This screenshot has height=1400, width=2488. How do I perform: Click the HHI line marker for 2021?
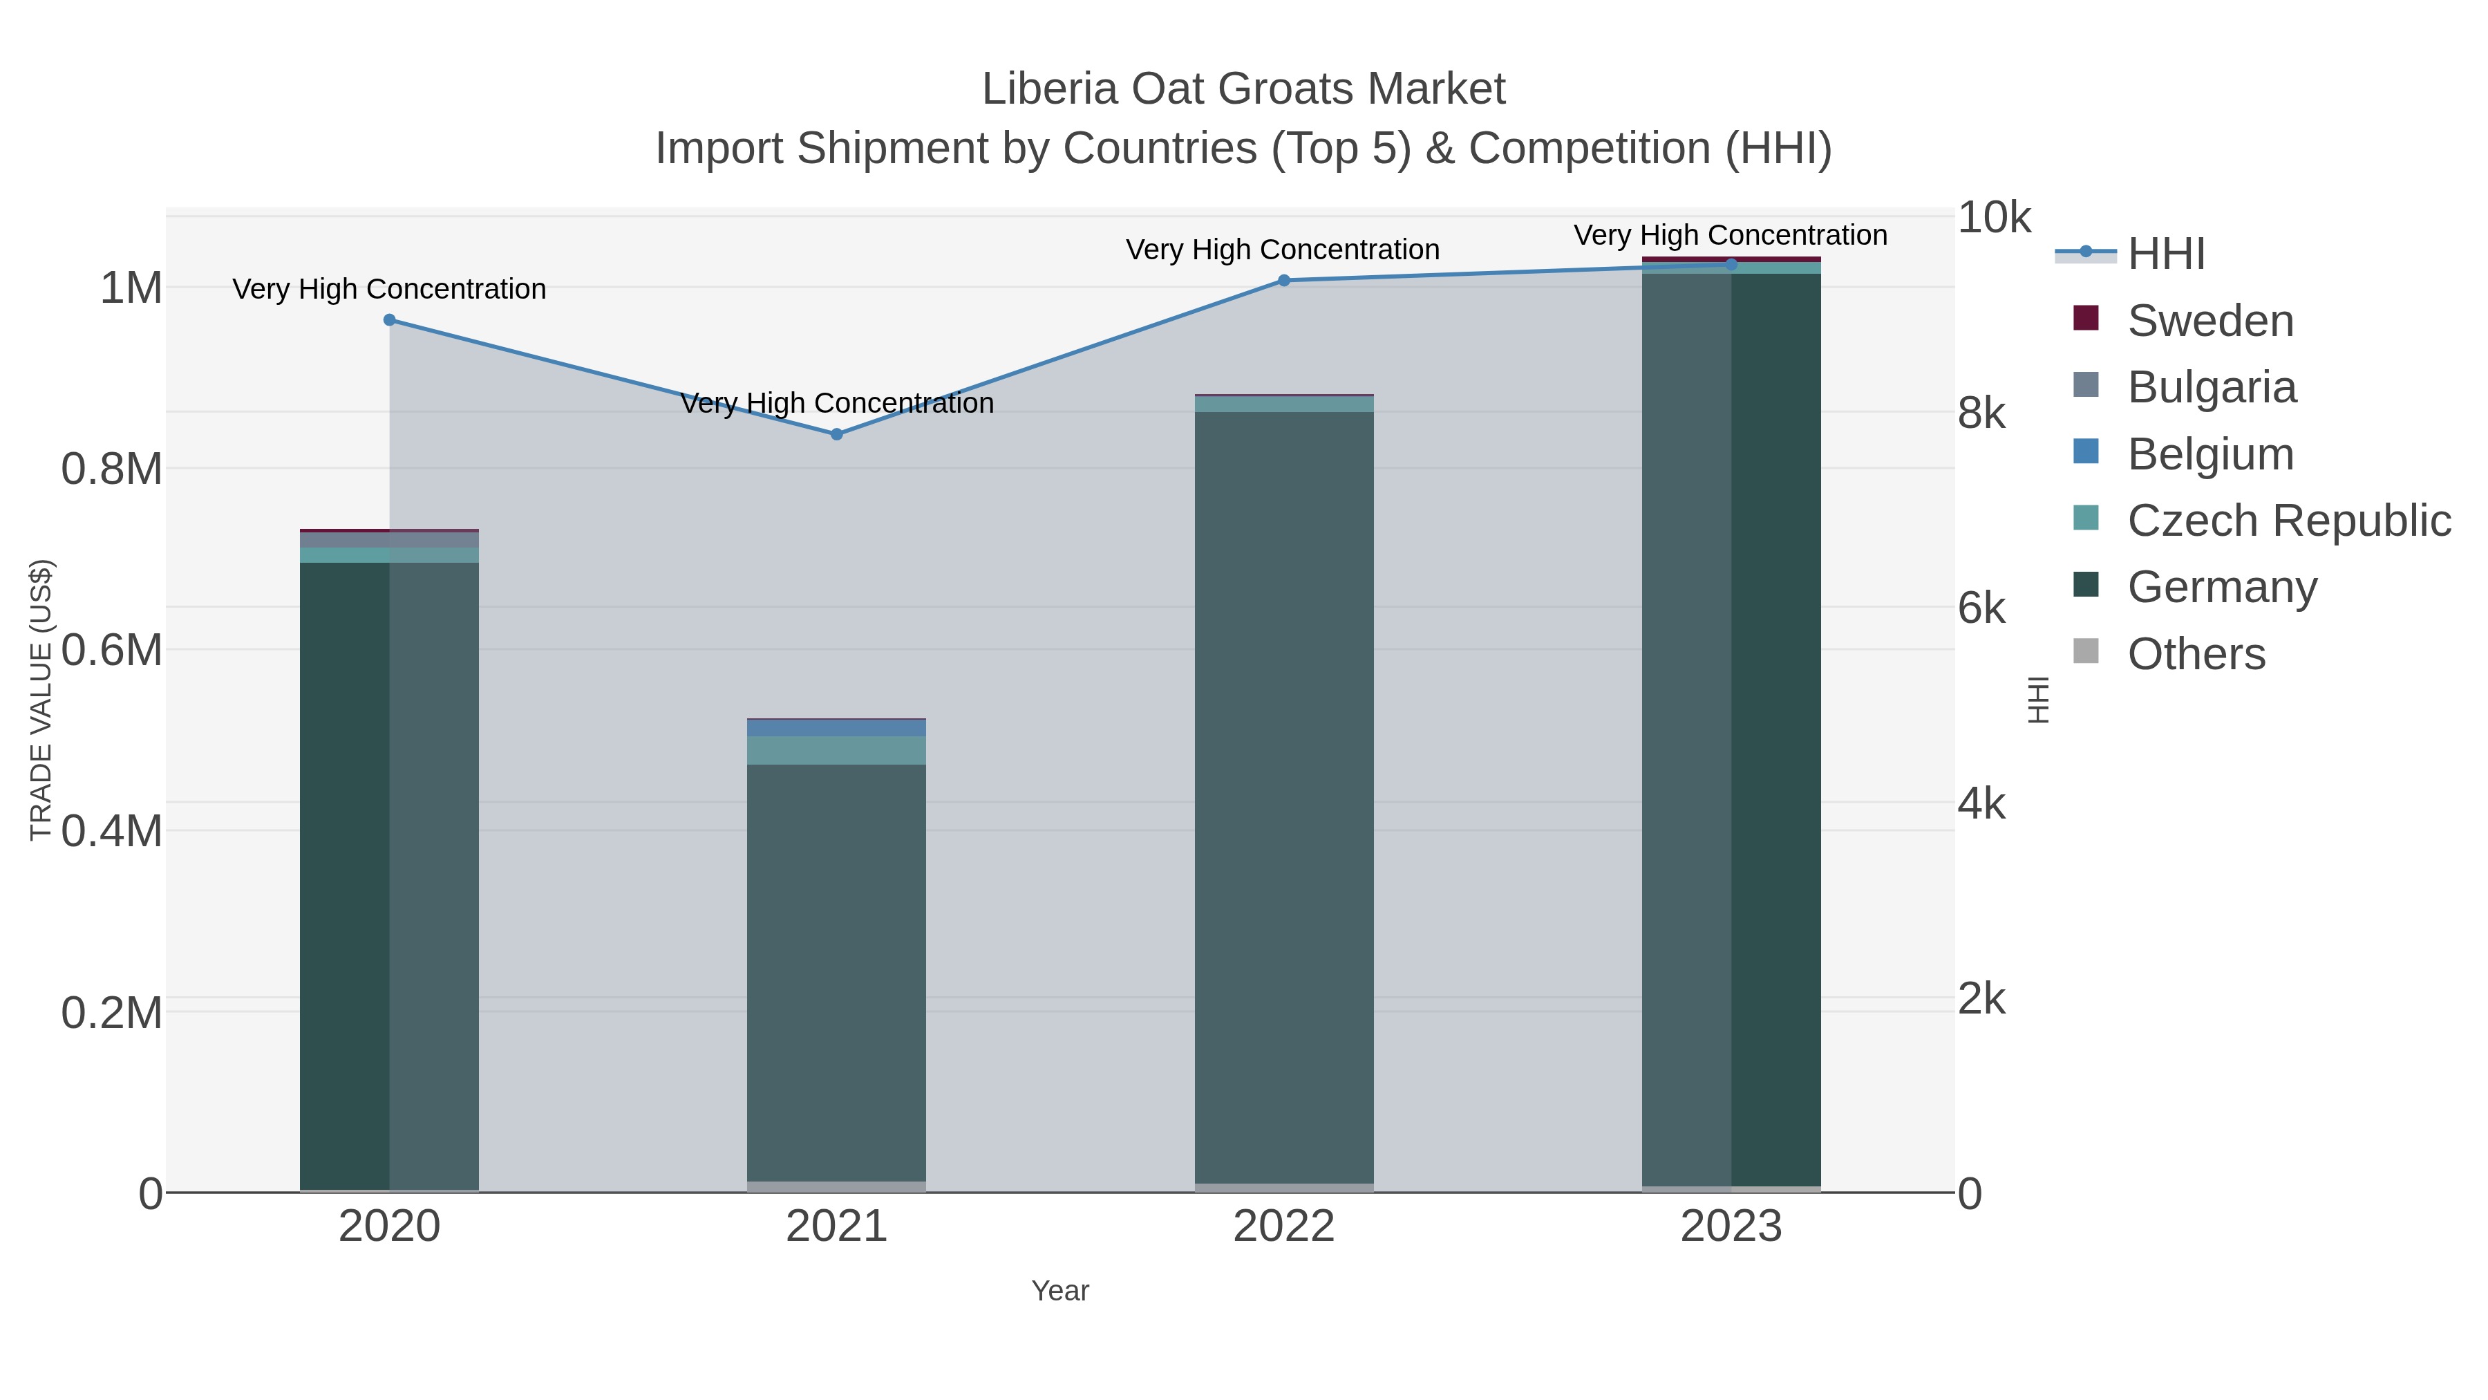coord(836,433)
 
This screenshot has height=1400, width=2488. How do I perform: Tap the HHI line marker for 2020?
coord(389,320)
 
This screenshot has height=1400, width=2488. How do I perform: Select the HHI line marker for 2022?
coord(1283,280)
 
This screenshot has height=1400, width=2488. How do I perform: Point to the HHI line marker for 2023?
coord(1731,264)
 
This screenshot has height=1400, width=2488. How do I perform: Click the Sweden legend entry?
coord(2210,321)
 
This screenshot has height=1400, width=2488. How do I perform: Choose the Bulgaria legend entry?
coord(2211,387)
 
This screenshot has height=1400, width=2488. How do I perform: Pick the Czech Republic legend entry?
coord(2288,521)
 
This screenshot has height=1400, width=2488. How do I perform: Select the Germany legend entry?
coord(2221,588)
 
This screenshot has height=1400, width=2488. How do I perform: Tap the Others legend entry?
coord(2196,654)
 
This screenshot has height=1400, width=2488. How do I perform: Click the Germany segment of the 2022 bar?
coord(1283,792)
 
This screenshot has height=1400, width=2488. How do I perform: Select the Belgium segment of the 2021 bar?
coord(836,727)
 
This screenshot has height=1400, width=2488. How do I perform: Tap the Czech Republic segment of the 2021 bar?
coord(836,751)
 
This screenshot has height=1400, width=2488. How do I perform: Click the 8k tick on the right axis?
coord(1982,413)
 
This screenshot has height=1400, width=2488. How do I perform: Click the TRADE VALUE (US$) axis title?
coord(41,700)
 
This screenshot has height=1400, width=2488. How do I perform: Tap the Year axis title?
coord(1059,1291)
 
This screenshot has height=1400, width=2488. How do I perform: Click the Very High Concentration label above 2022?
coord(1283,250)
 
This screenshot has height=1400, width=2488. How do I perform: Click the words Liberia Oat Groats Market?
coord(1243,89)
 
